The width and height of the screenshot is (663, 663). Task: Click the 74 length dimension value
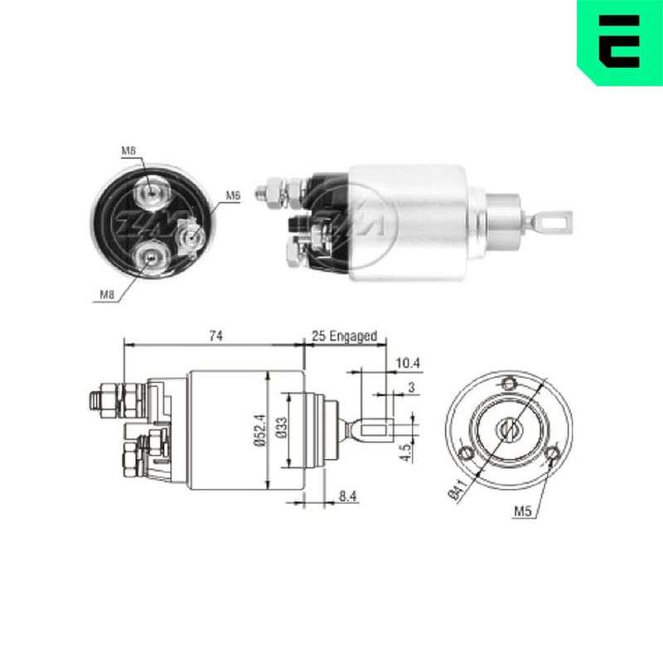pyautogui.click(x=215, y=336)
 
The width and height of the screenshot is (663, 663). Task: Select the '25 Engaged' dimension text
pyautogui.click(x=344, y=336)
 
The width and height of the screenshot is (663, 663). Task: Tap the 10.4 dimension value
pyautogui.click(x=408, y=363)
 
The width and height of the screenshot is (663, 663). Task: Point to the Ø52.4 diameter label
pyautogui.click(x=259, y=429)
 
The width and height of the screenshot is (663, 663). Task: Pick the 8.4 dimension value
pyautogui.click(x=347, y=496)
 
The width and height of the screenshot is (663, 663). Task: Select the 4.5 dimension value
pyautogui.click(x=405, y=452)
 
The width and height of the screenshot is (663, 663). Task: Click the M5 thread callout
pyautogui.click(x=522, y=511)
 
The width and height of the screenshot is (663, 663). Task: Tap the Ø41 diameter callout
pyautogui.click(x=458, y=490)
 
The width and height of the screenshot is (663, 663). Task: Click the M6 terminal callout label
pyautogui.click(x=233, y=196)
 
